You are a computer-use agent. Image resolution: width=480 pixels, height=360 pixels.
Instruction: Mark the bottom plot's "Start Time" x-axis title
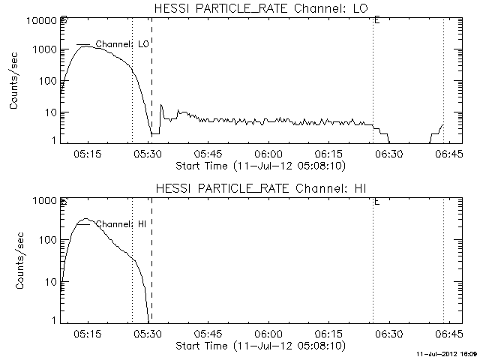click(x=259, y=346)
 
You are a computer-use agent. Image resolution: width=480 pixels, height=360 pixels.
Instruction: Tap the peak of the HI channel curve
click(x=86, y=220)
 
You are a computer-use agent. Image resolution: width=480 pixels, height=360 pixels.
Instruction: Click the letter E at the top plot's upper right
click(x=376, y=20)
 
